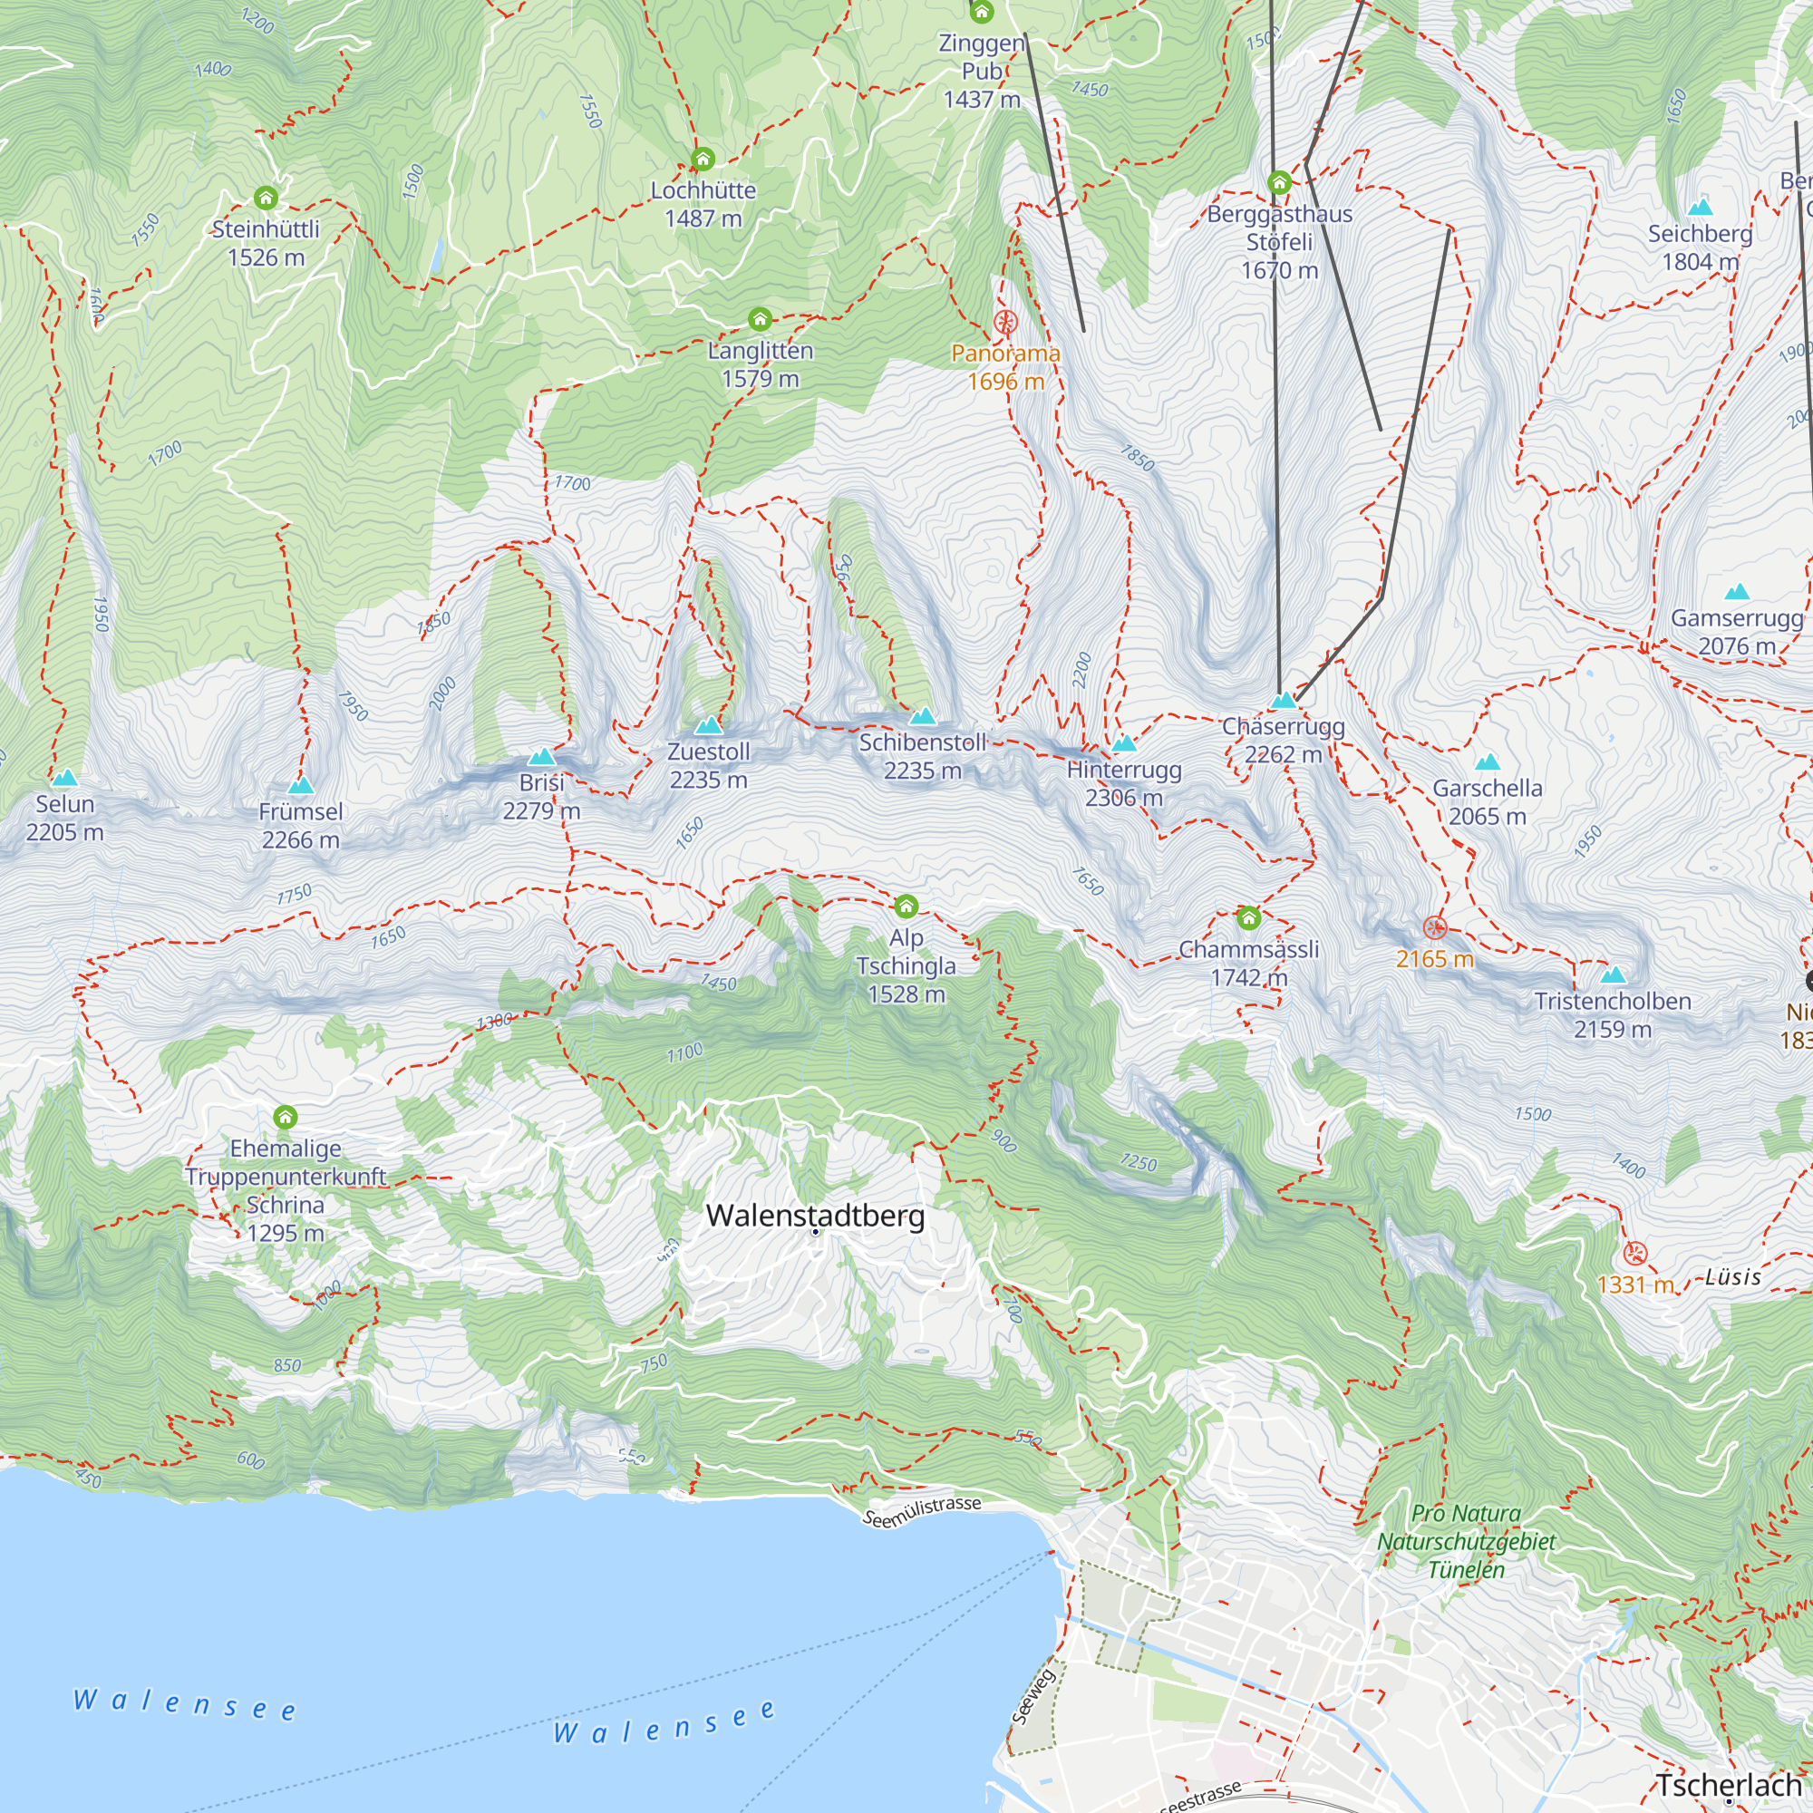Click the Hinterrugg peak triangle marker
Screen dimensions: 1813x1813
[1124, 744]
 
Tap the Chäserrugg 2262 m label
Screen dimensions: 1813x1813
[1283, 741]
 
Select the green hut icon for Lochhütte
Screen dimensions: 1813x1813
[702, 159]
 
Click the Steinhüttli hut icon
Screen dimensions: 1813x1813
[266, 197]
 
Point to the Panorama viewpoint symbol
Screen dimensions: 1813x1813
[1005, 323]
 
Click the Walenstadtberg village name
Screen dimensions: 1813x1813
[815, 1216]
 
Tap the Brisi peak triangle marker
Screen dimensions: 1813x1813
[540, 756]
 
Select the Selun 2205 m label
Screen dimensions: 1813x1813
[64, 818]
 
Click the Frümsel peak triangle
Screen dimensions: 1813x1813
[300, 785]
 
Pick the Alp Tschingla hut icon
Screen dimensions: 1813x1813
[906, 906]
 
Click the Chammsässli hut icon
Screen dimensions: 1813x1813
[1248, 916]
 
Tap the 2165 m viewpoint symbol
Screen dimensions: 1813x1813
[1434, 928]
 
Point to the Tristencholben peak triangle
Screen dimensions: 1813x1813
[1612, 974]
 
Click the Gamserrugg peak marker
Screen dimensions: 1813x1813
[1737, 592]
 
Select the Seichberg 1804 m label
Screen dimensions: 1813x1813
[1700, 247]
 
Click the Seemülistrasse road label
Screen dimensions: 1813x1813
[922, 1512]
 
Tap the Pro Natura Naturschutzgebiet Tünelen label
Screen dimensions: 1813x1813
[1466, 1541]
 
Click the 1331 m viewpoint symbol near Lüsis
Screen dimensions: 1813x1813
[1634, 1253]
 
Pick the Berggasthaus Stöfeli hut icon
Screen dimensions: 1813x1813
[1279, 182]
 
